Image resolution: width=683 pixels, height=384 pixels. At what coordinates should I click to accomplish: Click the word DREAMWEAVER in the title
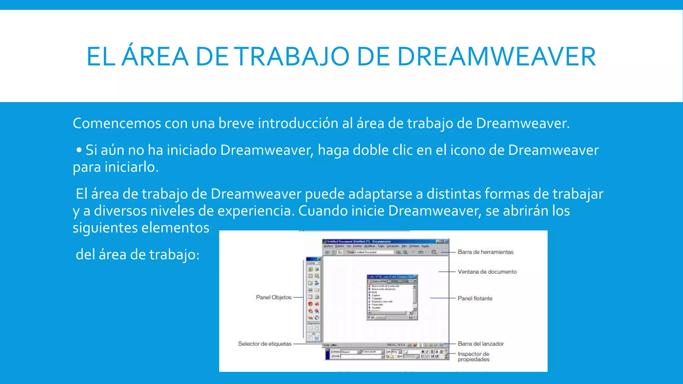click(496, 57)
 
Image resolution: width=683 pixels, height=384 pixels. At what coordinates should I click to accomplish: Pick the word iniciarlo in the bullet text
click(131, 167)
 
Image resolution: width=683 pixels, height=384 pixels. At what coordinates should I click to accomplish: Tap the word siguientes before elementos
click(105, 228)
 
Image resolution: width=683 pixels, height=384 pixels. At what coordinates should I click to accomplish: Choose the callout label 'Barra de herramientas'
click(485, 252)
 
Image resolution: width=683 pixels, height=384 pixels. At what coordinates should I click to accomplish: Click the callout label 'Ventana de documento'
click(487, 272)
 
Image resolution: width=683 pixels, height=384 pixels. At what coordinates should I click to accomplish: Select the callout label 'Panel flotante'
click(475, 298)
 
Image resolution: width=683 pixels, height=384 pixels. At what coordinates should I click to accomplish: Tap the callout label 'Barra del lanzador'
click(481, 344)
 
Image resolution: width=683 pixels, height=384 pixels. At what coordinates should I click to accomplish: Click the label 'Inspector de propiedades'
click(474, 356)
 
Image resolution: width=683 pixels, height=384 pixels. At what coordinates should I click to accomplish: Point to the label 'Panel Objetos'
click(273, 297)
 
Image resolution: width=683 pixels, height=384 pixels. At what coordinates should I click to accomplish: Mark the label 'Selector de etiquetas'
click(264, 344)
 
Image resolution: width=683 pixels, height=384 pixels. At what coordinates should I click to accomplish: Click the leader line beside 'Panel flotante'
click(443, 298)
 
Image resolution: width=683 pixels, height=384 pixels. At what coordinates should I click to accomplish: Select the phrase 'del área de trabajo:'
click(137, 255)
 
